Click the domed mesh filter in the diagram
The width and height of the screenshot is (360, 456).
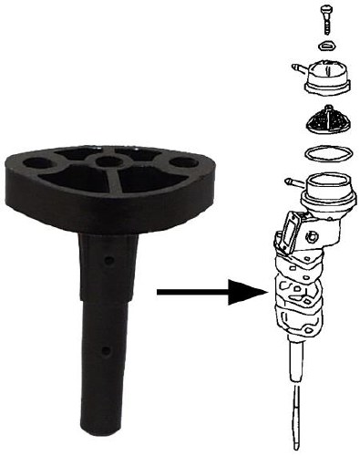point(325,119)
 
